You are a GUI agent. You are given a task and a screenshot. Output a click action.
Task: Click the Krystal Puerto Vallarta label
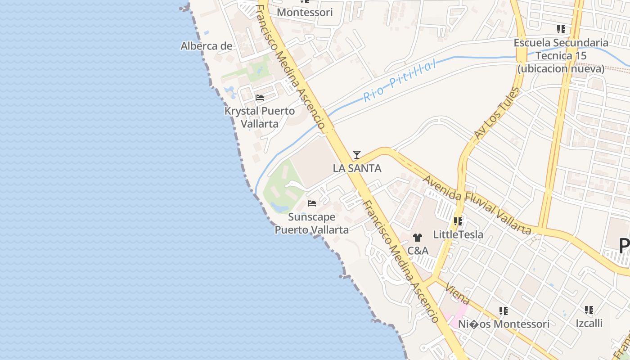[260, 117]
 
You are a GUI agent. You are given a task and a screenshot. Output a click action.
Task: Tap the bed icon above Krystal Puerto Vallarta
[260, 97]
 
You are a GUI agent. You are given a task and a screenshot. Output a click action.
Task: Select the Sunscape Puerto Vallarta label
[311, 223]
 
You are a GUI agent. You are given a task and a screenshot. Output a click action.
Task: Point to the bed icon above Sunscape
[311, 203]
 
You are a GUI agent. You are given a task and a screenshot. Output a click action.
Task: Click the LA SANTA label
[357, 168]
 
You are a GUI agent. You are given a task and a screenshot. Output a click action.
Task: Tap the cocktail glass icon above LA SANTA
[357, 155]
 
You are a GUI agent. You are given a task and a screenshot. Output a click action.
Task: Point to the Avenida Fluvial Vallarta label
[477, 204]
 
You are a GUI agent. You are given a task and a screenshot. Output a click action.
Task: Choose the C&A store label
[418, 250]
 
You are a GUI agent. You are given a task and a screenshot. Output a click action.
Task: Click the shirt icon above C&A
[418, 237]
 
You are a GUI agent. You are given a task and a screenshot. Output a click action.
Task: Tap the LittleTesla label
[458, 234]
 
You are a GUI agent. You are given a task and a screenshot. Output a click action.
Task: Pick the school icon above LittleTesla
[458, 221]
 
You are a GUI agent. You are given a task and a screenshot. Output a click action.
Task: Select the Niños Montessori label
[504, 324]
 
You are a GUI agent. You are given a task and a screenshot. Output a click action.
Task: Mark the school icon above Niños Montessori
[504, 310]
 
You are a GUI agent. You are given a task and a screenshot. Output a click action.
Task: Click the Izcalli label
[589, 323]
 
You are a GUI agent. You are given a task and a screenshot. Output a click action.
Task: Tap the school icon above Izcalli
[589, 310]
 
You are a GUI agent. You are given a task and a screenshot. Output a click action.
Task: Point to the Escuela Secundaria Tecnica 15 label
[561, 56]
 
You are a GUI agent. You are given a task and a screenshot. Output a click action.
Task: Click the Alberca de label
[207, 46]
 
